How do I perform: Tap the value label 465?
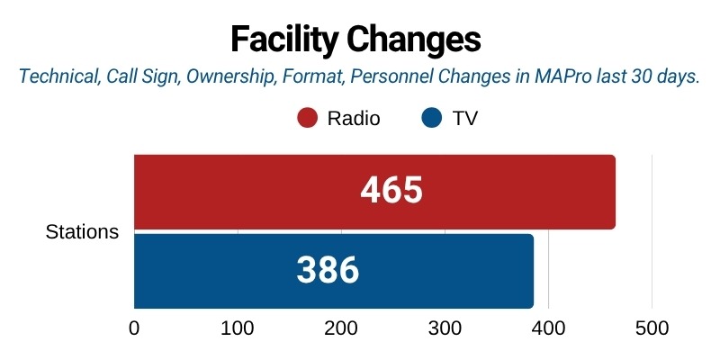pyautogui.click(x=391, y=191)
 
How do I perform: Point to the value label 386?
pyautogui.click(x=328, y=271)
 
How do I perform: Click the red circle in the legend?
pyautogui.click(x=308, y=119)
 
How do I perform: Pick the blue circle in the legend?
pyautogui.click(x=432, y=119)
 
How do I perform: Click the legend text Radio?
pyautogui.click(x=354, y=119)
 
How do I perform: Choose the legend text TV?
pyautogui.click(x=463, y=119)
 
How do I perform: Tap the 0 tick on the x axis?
pyautogui.click(x=134, y=329)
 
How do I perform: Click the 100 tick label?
pyautogui.click(x=238, y=329)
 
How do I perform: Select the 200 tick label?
pyautogui.click(x=341, y=329)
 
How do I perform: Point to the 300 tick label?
pyautogui.click(x=445, y=329)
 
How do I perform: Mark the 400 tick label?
pyautogui.click(x=548, y=329)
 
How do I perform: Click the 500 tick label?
pyautogui.click(x=652, y=329)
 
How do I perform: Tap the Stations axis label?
pyautogui.click(x=82, y=232)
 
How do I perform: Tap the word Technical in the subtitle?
pyautogui.click(x=55, y=77)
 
